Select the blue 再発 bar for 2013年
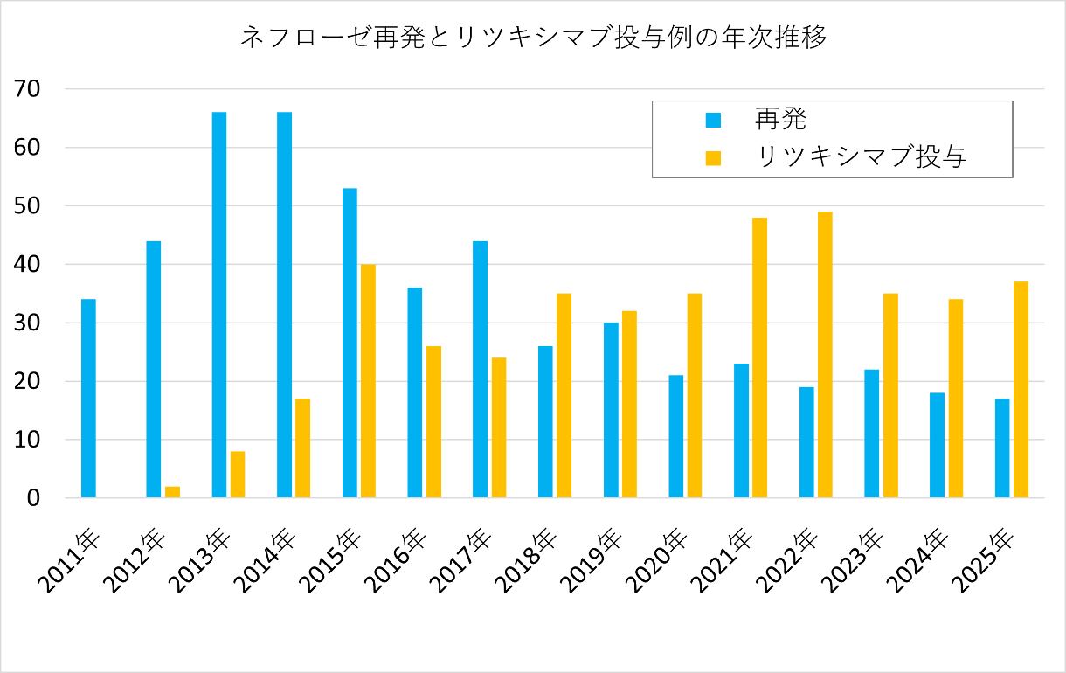(218, 305)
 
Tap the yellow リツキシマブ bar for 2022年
(825, 355)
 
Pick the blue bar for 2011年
(88, 399)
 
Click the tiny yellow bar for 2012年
(172, 492)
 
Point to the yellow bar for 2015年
(368, 381)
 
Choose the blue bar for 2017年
(480, 370)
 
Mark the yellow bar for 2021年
(759, 357)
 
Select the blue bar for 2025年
(1002, 448)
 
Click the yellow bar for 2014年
(302, 448)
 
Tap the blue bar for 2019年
(611, 411)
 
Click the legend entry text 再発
(780, 119)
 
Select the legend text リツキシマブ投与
(861, 157)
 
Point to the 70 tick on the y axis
(34, 89)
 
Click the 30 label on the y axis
(34, 323)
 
